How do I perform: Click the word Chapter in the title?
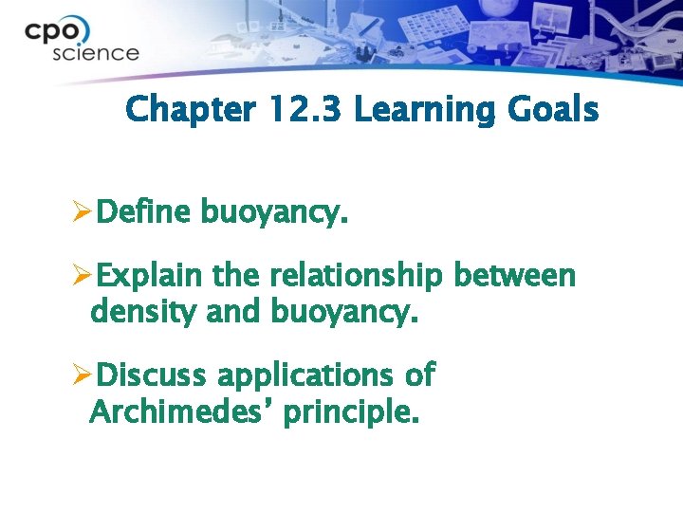(x=189, y=110)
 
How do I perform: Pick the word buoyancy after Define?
(x=274, y=216)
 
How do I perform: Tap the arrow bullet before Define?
(x=83, y=214)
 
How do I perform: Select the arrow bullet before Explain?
(x=83, y=276)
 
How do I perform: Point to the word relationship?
(x=356, y=277)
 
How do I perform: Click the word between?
(x=515, y=276)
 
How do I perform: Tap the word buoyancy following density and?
(x=344, y=312)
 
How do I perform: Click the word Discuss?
(x=152, y=375)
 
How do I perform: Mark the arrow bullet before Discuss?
(x=83, y=375)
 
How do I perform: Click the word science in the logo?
(x=95, y=53)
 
